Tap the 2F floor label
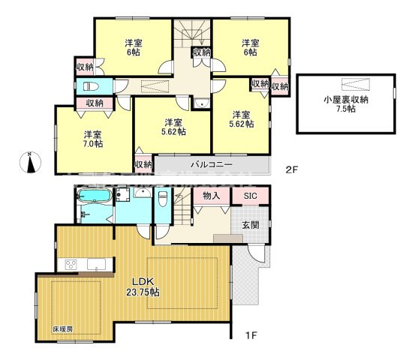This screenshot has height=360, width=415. pyautogui.click(x=293, y=169)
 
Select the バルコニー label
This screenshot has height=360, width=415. pyautogui.click(x=210, y=163)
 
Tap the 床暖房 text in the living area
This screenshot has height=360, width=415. pyautogui.click(x=62, y=329)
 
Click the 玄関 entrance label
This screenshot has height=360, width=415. pyautogui.click(x=251, y=224)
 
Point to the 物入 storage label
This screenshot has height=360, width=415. pyautogui.click(x=211, y=196)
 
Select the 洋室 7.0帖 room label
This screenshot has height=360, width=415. pyautogui.click(x=92, y=139)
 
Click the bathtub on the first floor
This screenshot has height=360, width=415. pyautogui.click(x=94, y=197)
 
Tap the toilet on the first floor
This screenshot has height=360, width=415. pyautogui.click(x=162, y=200)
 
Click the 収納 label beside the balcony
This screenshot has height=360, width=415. pyautogui.click(x=143, y=164)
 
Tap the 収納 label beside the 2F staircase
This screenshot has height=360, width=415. pyautogui.click(x=200, y=52)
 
